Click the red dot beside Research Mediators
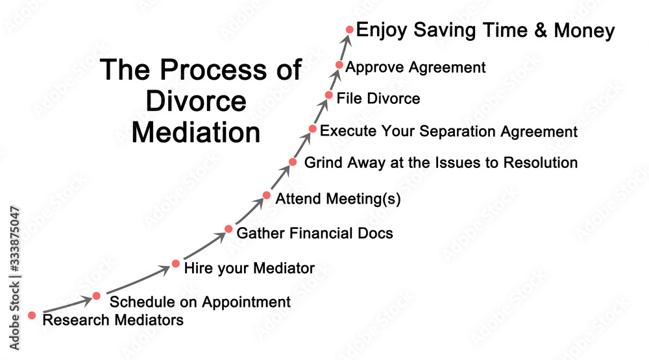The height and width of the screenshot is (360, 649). tap(32, 315)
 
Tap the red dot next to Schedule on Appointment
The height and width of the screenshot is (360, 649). tap(97, 296)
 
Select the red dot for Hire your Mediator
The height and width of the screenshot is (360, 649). tap(176, 263)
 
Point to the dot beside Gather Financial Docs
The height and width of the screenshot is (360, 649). tap(228, 229)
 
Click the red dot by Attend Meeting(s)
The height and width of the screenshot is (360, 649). tap(267, 195)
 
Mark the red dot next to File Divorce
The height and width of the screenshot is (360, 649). tap(328, 95)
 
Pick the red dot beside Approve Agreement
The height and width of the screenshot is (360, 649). tap(339, 65)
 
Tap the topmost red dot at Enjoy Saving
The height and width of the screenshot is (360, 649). tap(350, 29)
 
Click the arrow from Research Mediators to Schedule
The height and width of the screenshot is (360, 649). tap(67, 305)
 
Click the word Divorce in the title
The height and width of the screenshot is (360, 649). tap(196, 101)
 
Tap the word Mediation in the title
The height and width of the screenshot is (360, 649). tap(196, 132)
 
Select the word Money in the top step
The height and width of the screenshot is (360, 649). tap(585, 30)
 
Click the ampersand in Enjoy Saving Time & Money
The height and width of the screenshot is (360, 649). tap(541, 30)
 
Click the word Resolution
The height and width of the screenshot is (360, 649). tap(541, 162)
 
